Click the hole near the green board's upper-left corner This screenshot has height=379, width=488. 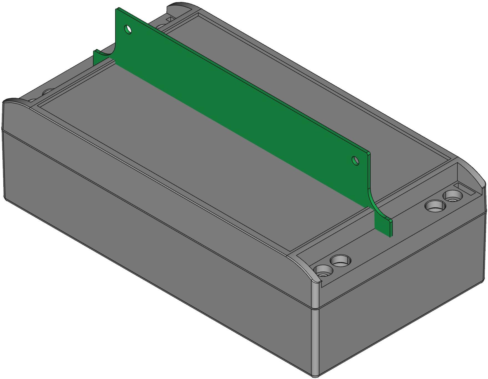pos(128,29)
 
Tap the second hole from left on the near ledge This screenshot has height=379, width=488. pos(340,261)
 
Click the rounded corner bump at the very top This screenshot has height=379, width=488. pos(180,6)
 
